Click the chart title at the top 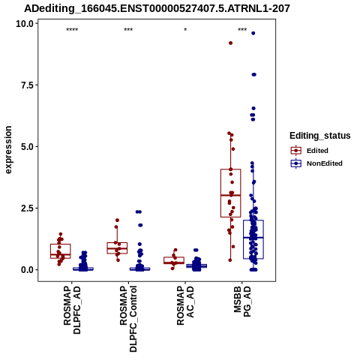pos(157,8)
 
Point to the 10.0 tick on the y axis pos(25,24)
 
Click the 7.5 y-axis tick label pos(27,85)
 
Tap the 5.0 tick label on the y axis pos(27,147)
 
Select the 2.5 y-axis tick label pos(27,208)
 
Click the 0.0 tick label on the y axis pos(27,270)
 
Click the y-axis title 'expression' pos(8,150)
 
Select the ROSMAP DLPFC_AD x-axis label pos(72,310)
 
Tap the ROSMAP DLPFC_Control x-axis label pos(128,319)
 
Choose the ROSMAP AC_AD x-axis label pos(185,305)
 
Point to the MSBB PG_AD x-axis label pos(242,301)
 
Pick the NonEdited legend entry pos(316,163)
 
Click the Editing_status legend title pos(320,136)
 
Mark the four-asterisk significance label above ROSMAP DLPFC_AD pos(72,30)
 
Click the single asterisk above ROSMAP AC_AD pos(185,30)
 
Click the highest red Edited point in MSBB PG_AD pos(230,43)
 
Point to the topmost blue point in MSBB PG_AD pos(253,33)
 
